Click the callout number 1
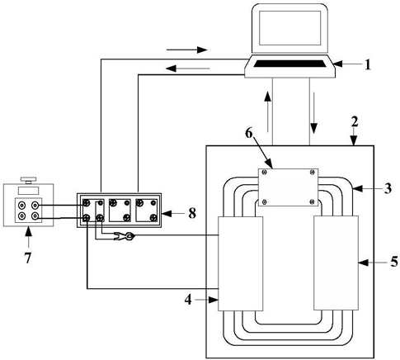tap(368, 64)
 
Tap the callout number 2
tap(355, 121)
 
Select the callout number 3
tap(388, 188)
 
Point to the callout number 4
tap(188, 300)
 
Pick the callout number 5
tap(394, 262)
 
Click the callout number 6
tap(248, 133)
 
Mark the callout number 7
tap(28, 258)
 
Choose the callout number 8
tap(192, 213)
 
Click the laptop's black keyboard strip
tap(290, 64)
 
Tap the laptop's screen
tap(290, 28)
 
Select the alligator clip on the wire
tap(124, 236)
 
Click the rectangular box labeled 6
tap(288, 187)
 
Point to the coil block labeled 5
tap(336, 263)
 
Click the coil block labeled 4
tap(241, 263)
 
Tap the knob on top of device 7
tap(28, 180)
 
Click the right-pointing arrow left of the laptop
tap(186, 50)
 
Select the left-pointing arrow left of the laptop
tap(188, 68)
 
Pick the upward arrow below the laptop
tap(267, 111)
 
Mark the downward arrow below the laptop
tap(313, 113)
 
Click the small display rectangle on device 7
tap(28, 191)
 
